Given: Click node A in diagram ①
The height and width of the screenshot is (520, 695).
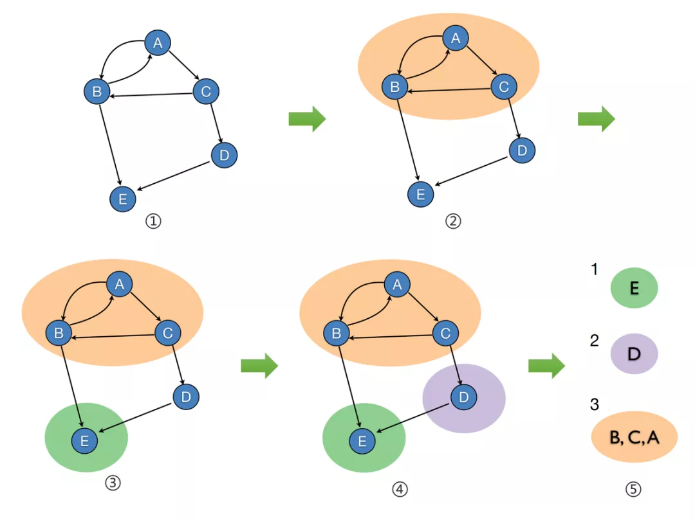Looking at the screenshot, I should point(157,43).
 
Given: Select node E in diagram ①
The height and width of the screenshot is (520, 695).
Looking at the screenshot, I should point(122,199).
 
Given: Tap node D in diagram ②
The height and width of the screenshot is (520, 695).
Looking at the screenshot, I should point(522,150).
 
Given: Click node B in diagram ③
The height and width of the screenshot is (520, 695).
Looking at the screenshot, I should point(59,333).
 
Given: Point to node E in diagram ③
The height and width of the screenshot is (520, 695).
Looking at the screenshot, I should point(84,440).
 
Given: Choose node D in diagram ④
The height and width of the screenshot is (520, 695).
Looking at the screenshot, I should point(463,399).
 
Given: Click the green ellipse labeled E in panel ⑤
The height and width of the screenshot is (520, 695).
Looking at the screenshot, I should point(634,288).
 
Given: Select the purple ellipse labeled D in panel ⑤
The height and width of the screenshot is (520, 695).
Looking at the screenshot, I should point(633,354).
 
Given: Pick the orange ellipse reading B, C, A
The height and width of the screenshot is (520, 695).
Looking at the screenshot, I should point(634,437).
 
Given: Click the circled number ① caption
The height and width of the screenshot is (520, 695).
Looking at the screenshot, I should point(153,222).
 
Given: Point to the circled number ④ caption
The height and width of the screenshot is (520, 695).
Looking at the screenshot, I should point(400,489).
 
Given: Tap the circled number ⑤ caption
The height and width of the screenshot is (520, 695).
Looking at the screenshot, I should point(633,489).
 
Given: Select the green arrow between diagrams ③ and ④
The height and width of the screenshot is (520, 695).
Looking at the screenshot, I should point(259,366).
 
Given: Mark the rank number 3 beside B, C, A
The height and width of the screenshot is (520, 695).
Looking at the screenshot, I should point(595,405).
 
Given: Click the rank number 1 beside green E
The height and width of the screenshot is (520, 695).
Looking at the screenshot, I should point(595,269).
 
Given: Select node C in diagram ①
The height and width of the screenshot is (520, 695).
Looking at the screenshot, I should point(206,92).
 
